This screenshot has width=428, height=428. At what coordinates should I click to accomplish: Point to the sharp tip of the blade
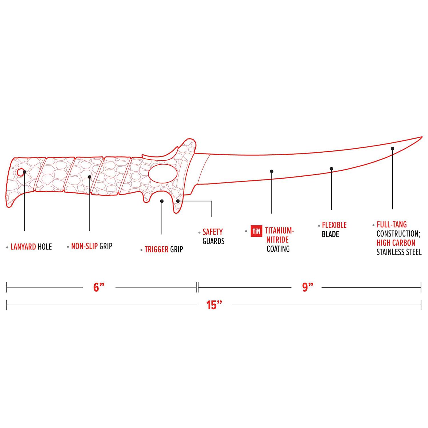click(x=422, y=137)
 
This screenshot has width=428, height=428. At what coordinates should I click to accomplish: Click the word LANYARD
click(x=23, y=247)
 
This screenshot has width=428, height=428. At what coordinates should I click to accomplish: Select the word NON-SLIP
click(x=84, y=246)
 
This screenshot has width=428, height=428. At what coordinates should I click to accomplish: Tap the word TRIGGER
click(x=156, y=249)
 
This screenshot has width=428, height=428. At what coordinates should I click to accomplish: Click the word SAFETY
click(x=213, y=232)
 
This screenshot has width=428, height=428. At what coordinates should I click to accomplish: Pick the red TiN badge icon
click(x=257, y=231)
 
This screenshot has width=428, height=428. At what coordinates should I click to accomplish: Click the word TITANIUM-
click(x=279, y=231)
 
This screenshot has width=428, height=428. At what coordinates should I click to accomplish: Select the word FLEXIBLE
click(x=334, y=225)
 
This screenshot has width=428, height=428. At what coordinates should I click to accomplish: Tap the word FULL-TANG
click(x=391, y=225)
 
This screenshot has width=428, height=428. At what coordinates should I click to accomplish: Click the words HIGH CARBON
click(x=396, y=243)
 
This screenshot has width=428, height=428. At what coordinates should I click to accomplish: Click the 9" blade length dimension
click(x=308, y=287)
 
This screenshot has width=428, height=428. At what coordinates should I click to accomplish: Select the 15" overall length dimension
click(x=214, y=305)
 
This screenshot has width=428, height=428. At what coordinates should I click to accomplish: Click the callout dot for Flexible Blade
click(x=331, y=169)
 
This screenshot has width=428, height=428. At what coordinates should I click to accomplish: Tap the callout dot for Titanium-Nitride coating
click(x=272, y=171)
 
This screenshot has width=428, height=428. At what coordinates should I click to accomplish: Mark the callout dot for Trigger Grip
click(x=162, y=201)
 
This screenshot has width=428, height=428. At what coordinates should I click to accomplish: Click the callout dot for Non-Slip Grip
click(x=90, y=177)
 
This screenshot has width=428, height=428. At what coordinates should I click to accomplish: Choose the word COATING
click(x=278, y=249)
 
